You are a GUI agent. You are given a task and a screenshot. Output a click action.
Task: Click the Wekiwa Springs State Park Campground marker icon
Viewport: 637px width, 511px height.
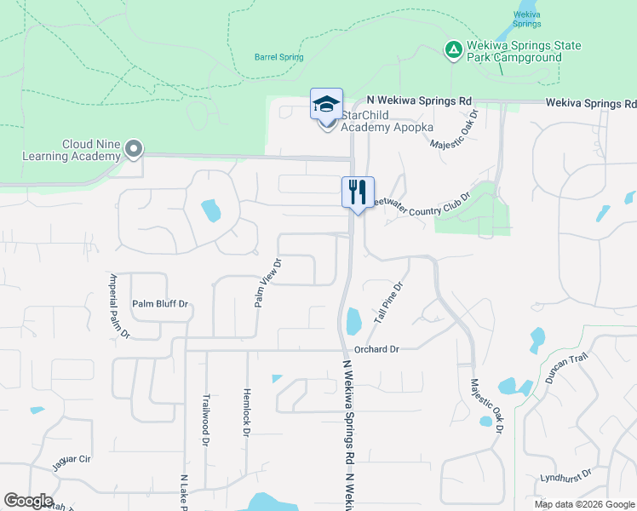[x=454, y=51]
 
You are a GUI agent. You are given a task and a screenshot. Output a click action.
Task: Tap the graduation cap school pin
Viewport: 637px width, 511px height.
[x=326, y=105]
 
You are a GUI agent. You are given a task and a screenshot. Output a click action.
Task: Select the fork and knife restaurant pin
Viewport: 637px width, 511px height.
[x=358, y=192]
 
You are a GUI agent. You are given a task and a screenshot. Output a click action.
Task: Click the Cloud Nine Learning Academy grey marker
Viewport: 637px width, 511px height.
[x=133, y=150]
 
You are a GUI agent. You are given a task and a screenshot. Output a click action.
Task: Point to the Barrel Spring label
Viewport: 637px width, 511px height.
[x=278, y=58]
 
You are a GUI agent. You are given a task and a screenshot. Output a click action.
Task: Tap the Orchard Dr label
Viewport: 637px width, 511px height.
[x=376, y=349]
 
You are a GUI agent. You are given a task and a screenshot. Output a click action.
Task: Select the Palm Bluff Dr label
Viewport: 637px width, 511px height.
[x=159, y=303]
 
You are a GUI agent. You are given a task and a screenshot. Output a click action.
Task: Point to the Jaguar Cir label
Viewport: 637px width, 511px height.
[x=72, y=459]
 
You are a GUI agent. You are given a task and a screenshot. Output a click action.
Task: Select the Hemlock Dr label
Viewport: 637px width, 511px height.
[x=245, y=415]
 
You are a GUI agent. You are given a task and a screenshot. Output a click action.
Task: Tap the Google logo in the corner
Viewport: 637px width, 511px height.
[x=28, y=501]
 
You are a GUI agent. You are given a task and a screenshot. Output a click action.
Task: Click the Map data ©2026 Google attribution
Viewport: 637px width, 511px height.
[x=584, y=504]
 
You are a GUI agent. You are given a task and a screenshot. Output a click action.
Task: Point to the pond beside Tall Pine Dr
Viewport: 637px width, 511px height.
[x=353, y=322]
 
